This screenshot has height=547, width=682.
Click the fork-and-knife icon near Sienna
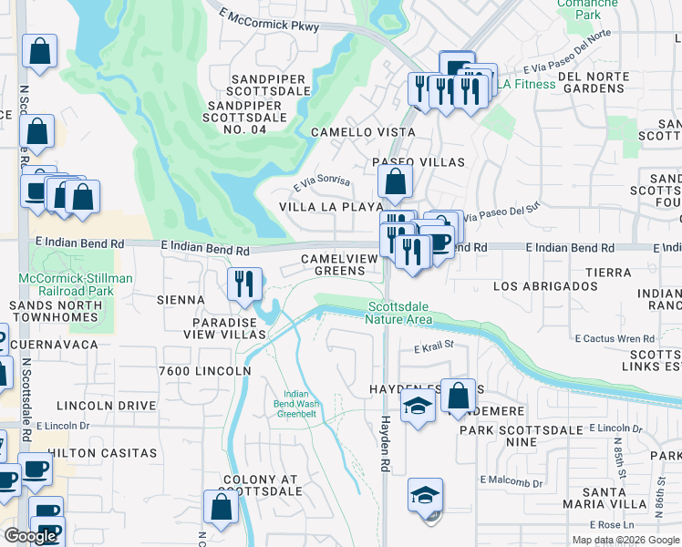(244, 284)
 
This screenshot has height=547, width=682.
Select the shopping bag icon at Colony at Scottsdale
(221, 508)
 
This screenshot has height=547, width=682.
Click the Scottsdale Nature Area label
(399, 313)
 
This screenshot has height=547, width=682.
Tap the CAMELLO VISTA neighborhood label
(363, 132)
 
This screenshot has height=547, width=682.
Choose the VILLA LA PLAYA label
(325, 207)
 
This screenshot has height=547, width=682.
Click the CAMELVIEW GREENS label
(339, 264)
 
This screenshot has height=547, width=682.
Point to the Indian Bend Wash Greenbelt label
(296, 403)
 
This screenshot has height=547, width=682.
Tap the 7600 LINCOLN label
(204, 371)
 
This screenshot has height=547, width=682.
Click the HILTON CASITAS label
(102, 453)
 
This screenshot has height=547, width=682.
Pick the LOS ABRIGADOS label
(544, 286)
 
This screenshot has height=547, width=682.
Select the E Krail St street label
(433, 348)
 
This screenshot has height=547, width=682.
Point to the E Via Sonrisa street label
(321, 182)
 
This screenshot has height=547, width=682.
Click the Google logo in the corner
(30, 536)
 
